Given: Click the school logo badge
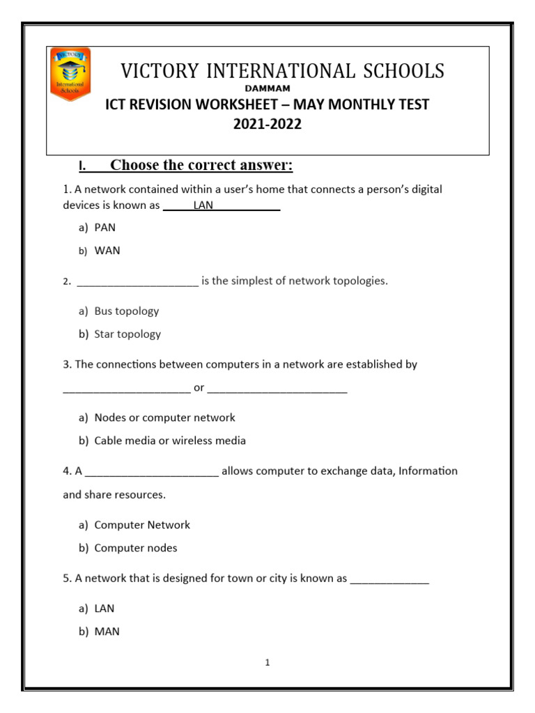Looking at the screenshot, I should coord(70,75).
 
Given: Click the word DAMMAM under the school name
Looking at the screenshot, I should coord(267,88).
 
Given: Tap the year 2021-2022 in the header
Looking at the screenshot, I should coord(267,125).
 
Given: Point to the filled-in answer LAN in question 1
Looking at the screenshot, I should coord(203,205).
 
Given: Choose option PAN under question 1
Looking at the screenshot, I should coord(105,228).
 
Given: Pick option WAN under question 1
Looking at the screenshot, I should coord(107,251).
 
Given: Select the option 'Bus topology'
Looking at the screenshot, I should coord(127,311).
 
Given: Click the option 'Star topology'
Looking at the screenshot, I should coord(127,334).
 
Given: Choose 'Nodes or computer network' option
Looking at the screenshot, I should coord(164,418).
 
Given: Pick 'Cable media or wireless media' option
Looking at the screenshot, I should coord(170,441).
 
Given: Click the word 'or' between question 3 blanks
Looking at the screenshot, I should coord(199,388).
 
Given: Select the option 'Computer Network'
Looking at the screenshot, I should coord(142,525).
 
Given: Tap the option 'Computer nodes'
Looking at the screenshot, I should coord(136,548).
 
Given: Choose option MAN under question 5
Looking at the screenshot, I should coord(107,632).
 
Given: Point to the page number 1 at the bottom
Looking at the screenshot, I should coord(267,663).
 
